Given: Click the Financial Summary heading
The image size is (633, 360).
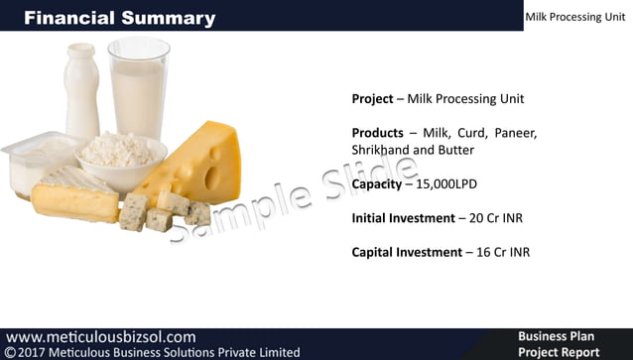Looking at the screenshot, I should click(119, 18).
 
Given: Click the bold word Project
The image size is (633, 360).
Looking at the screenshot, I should click(373, 99).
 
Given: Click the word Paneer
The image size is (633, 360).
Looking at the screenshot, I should click(515, 133).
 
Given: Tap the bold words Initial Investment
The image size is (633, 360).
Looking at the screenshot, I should click(407, 218).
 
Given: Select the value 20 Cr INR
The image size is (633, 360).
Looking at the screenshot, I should click(503, 218).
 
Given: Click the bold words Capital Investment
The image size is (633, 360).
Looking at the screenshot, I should click(407, 252).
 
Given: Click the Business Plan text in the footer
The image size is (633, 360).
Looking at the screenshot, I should click(556, 337).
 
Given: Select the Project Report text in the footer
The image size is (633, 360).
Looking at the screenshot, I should click(559, 352).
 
